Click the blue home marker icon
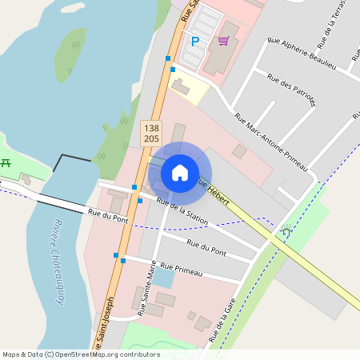(x=180, y=172)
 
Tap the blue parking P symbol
(x=194, y=41)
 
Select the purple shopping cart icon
(x=223, y=41)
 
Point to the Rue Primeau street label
(x=182, y=270)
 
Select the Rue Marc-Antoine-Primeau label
(x=271, y=141)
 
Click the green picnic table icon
(x=6, y=162)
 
